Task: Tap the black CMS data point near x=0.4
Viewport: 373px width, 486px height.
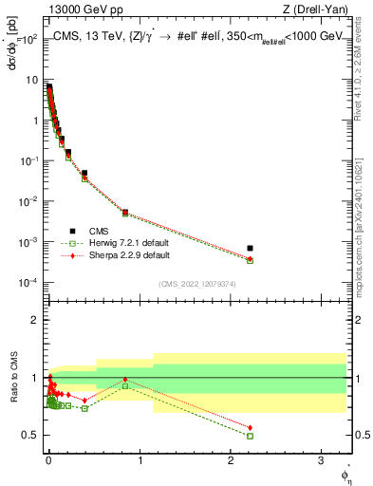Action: tap(84, 174)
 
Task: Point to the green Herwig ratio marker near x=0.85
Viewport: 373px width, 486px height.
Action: tap(125, 385)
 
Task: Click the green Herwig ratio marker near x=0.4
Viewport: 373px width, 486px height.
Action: tap(84, 408)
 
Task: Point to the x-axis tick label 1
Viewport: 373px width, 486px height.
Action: tap(140, 460)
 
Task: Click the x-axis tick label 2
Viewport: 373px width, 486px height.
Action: tap(231, 460)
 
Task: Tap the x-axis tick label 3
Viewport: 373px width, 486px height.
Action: tap(322, 460)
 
